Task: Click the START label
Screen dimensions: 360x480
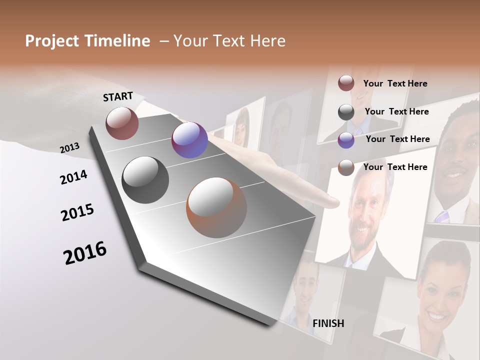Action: coord(118,96)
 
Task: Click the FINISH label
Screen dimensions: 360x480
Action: coord(328,323)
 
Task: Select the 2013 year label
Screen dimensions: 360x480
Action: coord(69,148)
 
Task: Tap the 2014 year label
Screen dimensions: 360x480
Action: coord(73,177)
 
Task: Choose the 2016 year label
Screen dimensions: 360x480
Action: coord(85,252)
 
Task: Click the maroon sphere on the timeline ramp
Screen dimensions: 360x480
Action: coord(122,123)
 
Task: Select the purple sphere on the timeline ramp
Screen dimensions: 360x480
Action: coord(189,140)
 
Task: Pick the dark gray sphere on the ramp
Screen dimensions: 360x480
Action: coord(145,180)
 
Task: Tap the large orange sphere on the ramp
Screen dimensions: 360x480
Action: coord(216,207)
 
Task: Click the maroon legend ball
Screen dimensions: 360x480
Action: coord(346,83)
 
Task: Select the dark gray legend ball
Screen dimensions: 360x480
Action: coord(346,112)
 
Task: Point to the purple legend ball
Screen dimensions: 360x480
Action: coord(346,140)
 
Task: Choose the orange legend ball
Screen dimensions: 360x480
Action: coord(346,167)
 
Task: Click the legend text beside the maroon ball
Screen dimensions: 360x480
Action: coord(395,84)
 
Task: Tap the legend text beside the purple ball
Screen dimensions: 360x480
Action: coord(397,139)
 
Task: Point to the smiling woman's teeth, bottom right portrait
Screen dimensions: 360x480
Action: coord(436,316)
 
